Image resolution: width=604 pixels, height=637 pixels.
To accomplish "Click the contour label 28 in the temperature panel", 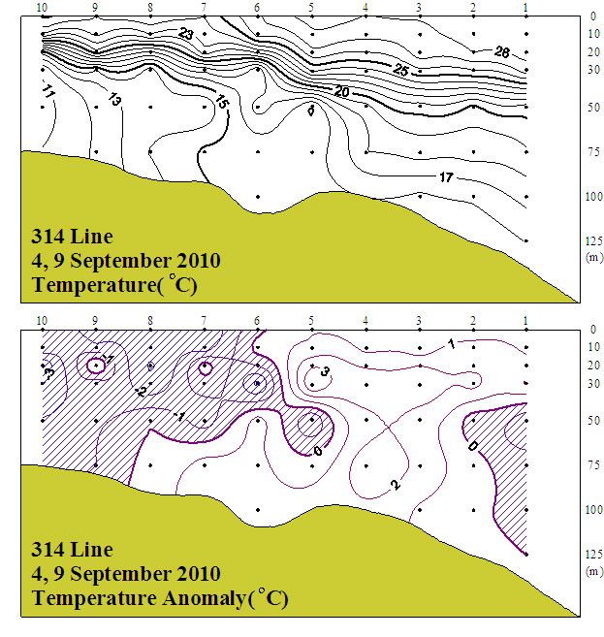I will (x=501, y=52).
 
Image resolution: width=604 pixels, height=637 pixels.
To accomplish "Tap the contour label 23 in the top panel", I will (x=187, y=35).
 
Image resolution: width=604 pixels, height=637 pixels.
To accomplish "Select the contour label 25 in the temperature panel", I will (x=400, y=70).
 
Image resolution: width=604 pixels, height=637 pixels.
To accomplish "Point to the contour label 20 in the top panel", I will (x=341, y=90).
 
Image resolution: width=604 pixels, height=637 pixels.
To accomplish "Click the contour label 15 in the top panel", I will (x=222, y=102).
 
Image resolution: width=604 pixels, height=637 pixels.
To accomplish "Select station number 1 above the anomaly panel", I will (x=525, y=320).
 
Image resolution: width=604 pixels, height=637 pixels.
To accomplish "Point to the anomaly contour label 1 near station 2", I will (x=451, y=343).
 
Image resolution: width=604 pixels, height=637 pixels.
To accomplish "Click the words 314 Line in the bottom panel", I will (x=72, y=550).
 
